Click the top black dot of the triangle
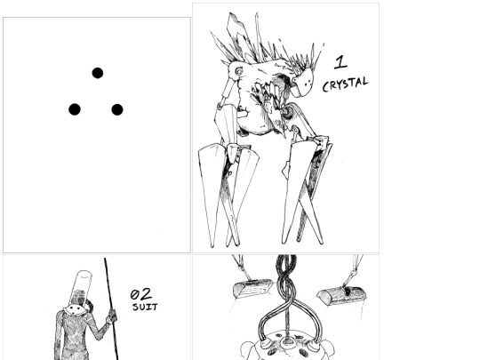click(98, 73)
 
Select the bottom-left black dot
click(75, 109)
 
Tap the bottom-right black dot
click(117, 109)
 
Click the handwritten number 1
click(340, 62)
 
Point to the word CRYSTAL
click(345, 84)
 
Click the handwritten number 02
click(140, 294)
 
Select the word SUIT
click(145, 307)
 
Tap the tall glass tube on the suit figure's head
click(81, 286)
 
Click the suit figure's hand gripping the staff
click(112, 316)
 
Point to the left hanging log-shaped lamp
click(252, 288)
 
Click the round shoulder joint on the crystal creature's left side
click(238, 71)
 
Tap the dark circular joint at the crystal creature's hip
click(288, 112)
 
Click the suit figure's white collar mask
click(76, 310)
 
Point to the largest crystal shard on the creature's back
click(237, 34)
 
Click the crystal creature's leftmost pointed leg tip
click(212, 246)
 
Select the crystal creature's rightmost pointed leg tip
click(321, 243)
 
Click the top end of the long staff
click(105, 259)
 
